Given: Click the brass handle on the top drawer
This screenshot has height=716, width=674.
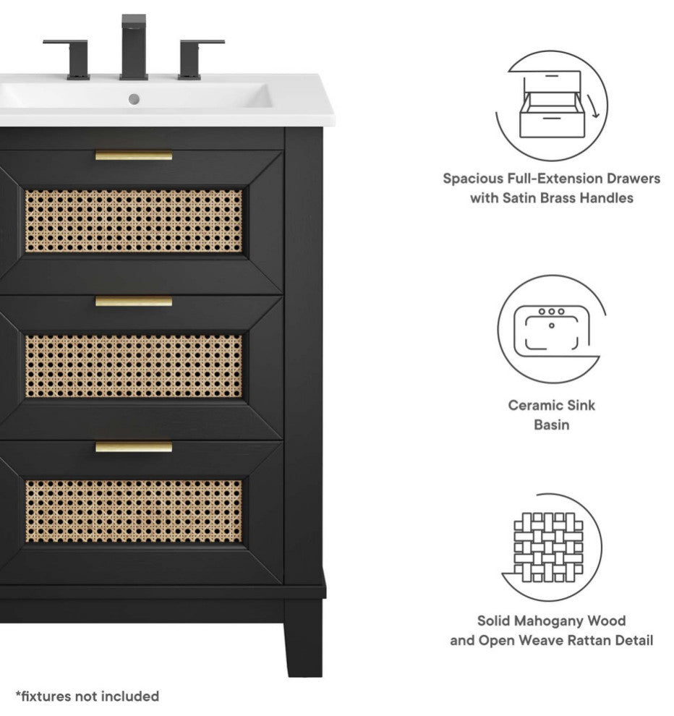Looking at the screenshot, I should pos(134,155).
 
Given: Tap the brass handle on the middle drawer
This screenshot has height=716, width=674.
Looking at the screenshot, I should pos(134,301).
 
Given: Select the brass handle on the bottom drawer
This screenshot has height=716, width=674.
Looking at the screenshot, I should pos(134,447).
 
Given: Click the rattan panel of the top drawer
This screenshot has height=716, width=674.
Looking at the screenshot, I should pos(134,221).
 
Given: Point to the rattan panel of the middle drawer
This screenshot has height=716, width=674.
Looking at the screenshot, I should pos(134,366).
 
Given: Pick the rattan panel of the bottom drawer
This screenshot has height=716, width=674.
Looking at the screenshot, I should pos(134,511).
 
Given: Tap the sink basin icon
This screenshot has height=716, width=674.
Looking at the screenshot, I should pos(551,329).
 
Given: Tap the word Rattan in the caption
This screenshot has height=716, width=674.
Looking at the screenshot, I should pos(587,640).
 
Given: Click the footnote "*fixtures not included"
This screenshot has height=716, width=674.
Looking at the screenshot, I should pos(88,696).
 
